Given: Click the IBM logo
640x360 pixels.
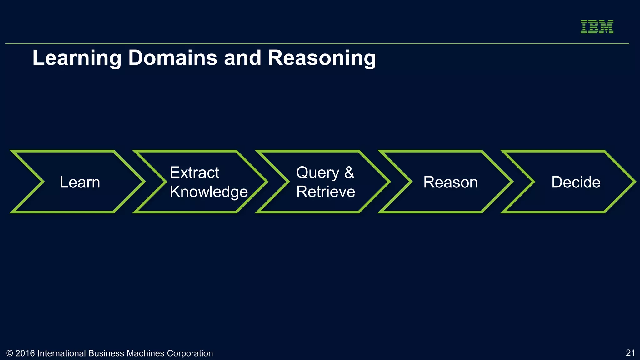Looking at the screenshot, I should [x=597, y=27].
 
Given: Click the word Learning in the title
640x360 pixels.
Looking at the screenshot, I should [x=77, y=58].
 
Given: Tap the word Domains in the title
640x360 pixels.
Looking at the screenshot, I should [x=172, y=58].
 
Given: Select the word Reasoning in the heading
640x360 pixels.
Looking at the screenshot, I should [x=322, y=58].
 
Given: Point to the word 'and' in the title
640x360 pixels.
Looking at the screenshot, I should [x=242, y=58].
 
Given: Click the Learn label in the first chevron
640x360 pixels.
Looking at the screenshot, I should [x=80, y=182].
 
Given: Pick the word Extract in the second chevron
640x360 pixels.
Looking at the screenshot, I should [x=194, y=172].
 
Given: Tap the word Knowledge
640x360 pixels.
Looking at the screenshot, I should [x=209, y=192].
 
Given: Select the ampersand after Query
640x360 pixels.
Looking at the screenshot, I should [x=349, y=172].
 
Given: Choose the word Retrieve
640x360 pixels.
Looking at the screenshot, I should [x=326, y=192].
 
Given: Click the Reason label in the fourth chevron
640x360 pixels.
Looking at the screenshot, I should [x=450, y=182].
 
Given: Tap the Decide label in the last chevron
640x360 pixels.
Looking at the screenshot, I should [x=576, y=182].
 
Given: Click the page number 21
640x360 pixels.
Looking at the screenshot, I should [x=630, y=353].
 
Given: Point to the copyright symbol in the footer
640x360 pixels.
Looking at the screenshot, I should [x=10, y=353].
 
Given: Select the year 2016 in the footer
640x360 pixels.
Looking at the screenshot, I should [x=25, y=353].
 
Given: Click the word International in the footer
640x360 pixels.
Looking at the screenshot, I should [x=62, y=353].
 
